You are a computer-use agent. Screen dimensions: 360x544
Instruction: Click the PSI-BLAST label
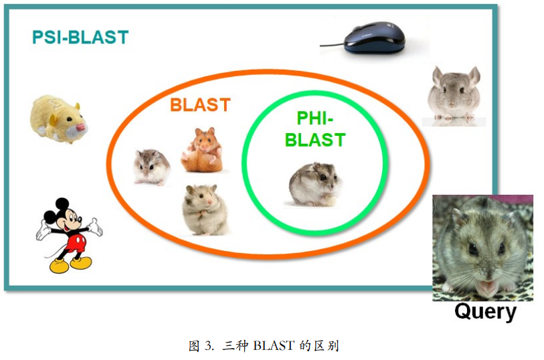tap(80, 37)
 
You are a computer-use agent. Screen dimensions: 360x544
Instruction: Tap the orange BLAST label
tap(199, 105)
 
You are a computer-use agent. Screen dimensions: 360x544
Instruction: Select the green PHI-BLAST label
tap(314, 130)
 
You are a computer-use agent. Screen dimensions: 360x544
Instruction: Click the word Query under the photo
tap(485, 312)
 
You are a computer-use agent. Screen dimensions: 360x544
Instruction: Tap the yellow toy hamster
tap(58, 118)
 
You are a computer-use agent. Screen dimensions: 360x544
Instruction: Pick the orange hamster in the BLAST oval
tap(202, 150)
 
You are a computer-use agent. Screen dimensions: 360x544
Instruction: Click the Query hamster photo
tap(482, 248)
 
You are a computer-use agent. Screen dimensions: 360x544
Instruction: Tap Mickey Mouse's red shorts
tap(75, 239)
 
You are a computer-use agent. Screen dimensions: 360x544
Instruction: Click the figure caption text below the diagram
tap(264, 345)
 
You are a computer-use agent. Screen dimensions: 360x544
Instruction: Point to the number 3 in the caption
tap(209, 346)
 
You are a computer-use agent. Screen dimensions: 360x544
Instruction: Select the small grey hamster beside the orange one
tap(151, 166)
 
